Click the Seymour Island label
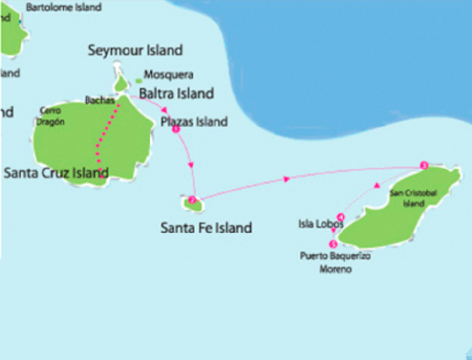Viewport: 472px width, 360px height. tap(135, 50)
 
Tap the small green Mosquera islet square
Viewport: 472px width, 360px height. tap(139, 80)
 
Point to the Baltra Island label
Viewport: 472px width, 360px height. tap(176, 93)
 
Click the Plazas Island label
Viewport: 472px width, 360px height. tap(194, 121)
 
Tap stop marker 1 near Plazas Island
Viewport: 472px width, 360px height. tap(176, 129)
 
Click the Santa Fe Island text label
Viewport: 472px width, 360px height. tap(206, 227)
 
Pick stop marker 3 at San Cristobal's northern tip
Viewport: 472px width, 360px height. tap(424, 166)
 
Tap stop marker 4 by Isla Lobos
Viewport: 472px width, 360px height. tap(341, 217)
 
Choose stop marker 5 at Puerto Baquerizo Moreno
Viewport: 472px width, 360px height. tap(333, 244)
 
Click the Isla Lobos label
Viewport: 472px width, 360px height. tap(321, 224)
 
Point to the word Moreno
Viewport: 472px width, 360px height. tap(335, 269)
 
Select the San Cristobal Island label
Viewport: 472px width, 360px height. tap(413, 197)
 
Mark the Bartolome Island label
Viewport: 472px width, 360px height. tap(64, 7)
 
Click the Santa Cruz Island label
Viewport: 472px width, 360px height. tap(56, 172)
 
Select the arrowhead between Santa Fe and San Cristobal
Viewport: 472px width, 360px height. tap(286, 180)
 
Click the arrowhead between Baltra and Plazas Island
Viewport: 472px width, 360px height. tap(165, 110)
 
